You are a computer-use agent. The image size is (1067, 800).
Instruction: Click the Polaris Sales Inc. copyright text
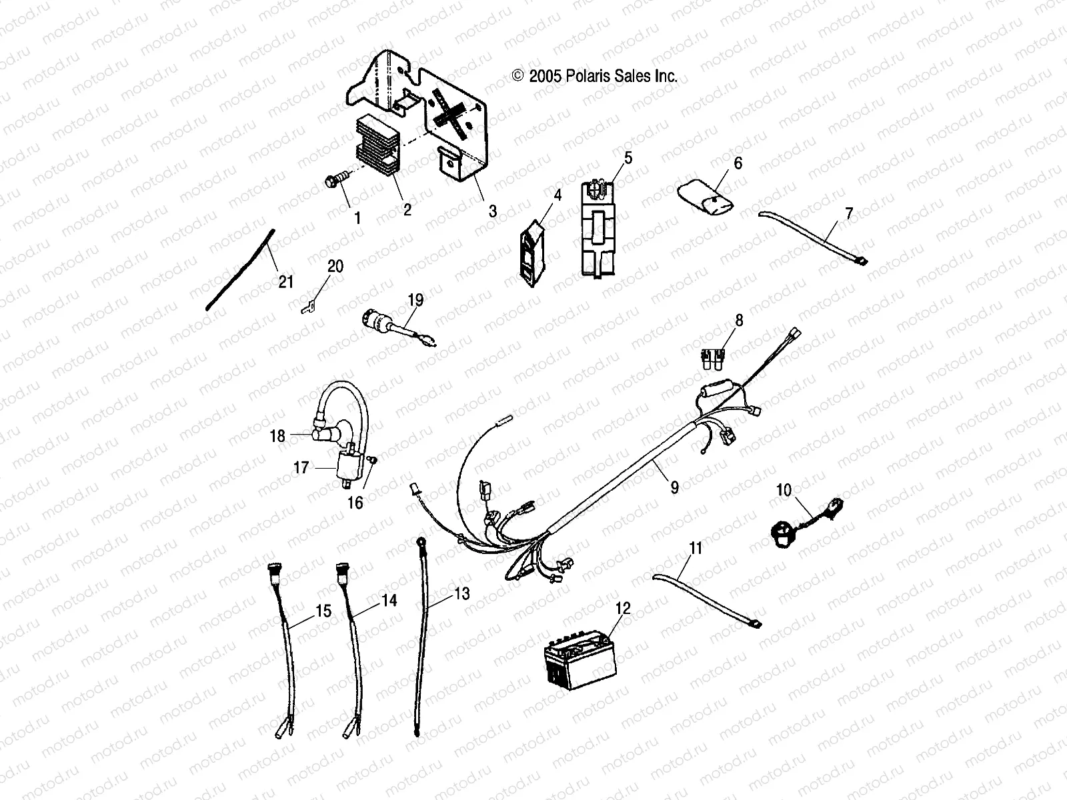594,76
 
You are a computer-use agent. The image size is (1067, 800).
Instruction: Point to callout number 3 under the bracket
492,211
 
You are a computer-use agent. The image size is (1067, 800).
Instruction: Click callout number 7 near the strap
848,214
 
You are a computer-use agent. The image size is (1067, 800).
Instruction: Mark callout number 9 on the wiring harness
674,487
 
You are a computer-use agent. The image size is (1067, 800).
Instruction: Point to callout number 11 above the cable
696,549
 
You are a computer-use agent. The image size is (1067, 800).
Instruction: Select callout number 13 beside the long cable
462,593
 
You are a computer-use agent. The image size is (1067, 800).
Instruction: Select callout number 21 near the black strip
285,282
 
